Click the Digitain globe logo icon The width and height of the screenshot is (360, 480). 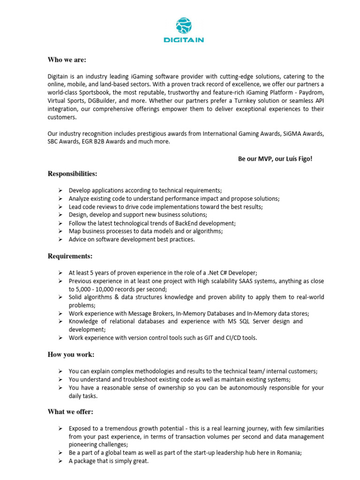coord(183,26)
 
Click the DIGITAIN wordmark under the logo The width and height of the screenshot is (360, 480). coord(183,40)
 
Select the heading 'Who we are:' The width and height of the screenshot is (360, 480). coord(67,60)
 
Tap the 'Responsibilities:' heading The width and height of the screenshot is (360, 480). coord(73,174)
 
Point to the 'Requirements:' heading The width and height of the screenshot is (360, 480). coord(70,256)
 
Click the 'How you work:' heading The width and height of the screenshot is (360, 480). coord(71,354)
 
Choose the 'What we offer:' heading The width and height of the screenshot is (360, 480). coord(70,412)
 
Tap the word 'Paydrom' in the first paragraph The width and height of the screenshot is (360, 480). coord(311,92)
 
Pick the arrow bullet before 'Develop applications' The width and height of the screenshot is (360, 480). coord(61,190)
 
